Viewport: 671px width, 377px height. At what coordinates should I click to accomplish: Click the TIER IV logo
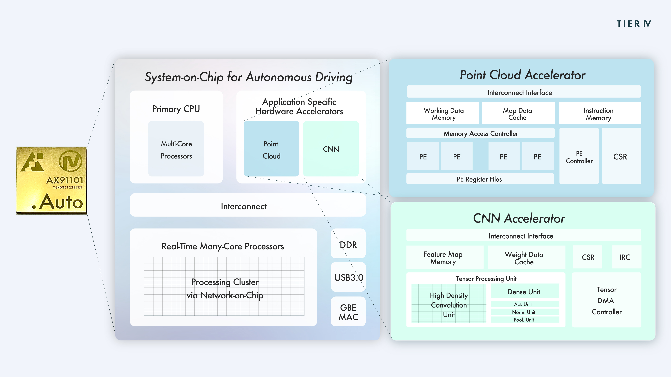point(634,24)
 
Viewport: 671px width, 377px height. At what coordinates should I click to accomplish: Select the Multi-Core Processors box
point(176,149)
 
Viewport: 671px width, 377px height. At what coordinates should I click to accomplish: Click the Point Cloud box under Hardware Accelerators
point(271,149)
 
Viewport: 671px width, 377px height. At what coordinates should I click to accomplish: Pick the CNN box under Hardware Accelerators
point(331,149)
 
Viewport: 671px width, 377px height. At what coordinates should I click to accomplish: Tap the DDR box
point(348,243)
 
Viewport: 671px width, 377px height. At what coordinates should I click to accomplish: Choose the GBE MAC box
point(348,311)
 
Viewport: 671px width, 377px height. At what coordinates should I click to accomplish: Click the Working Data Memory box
point(443,113)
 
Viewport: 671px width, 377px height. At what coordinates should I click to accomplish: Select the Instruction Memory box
point(600,113)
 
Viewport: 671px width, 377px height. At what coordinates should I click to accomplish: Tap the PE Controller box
point(579,156)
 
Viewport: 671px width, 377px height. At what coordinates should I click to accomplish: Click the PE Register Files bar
point(480,179)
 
